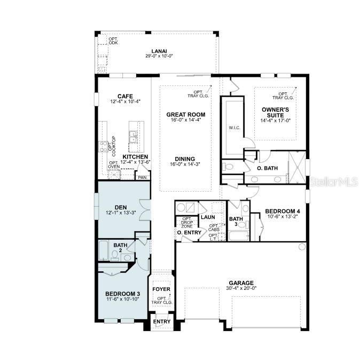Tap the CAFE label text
pos(125,96)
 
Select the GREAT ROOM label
pos(185,114)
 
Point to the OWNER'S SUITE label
pos(276,112)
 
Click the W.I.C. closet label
pos(233,128)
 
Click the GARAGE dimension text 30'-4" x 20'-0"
pos(241,288)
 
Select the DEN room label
pos(121,207)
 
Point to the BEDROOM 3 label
pos(122,294)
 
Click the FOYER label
pos(161,289)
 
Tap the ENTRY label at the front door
pos(161,321)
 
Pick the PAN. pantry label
pos(142,177)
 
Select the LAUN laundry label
pos(207,217)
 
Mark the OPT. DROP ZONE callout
pos(187,223)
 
